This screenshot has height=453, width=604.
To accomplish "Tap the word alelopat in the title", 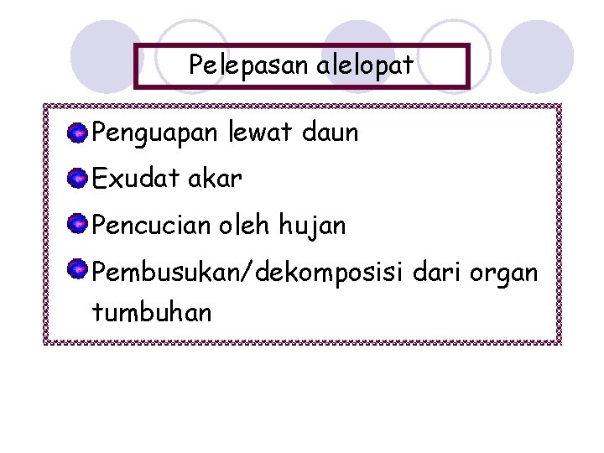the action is pyautogui.click(x=365, y=65).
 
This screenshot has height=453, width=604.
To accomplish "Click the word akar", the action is pyautogui.click(x=216, y=179).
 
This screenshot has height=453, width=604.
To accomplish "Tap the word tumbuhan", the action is pyautogui.click(x=152, y=313).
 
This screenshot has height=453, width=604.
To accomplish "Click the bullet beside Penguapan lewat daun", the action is pyautogui.click(x=77, y=132).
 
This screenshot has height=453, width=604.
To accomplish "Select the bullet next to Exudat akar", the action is pyautogui.click(x=77, y=178).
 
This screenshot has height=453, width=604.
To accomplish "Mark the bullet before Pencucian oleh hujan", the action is pyautogui.click(x=77, y=224).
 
